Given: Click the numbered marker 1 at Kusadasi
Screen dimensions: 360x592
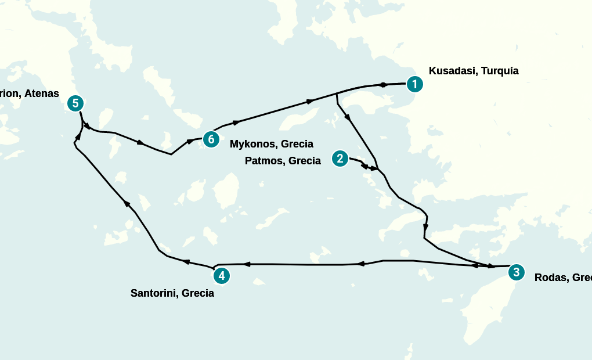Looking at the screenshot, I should (414, 84).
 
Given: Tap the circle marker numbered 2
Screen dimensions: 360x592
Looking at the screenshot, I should (340, 159).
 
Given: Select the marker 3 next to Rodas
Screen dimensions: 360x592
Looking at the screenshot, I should (516, 272).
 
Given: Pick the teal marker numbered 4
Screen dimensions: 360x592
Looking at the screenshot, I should (221, 276).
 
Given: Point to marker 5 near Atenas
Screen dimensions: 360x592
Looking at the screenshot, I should (75, 104).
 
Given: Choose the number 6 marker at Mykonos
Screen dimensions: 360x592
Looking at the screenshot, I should (211, 139).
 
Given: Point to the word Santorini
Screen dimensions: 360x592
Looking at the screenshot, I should (154, 293).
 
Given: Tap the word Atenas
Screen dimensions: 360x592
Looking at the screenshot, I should (42, 93).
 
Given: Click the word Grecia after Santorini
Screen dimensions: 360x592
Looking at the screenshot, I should (197, 293).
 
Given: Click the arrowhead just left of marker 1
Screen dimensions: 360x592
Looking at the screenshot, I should (383, 85).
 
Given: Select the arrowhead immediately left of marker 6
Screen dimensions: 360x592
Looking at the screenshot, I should (190, 141).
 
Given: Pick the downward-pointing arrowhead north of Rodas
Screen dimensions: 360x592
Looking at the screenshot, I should (425, 227).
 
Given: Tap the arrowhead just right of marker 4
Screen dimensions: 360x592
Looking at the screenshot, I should (246, 264).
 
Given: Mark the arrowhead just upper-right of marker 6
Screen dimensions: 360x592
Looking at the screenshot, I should (236, 123).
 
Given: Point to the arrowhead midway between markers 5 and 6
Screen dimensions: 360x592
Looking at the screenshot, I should (140, 142).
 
